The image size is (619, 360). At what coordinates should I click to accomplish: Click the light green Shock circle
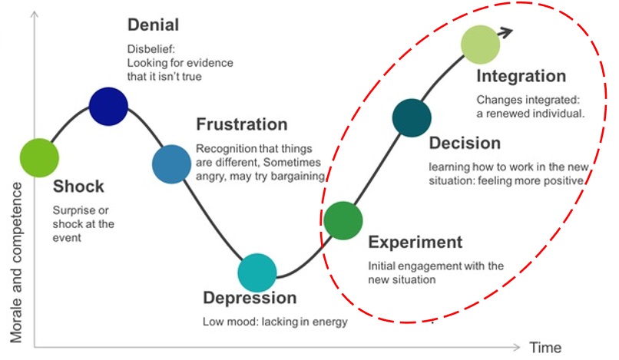pyautogui.click(x=39, y=157)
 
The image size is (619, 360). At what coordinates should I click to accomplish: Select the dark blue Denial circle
pyautogui.click(x=108, y=106)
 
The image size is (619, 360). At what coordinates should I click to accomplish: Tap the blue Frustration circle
pyautogui.click(x=171, y=163)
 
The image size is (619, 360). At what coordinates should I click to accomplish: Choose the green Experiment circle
pyautogui.click(x=343, y=221)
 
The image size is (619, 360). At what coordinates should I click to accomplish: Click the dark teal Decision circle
pyautogui.click(x=412, y=118)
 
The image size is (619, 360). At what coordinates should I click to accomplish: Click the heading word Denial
pyautogui.click(x=153, y=25)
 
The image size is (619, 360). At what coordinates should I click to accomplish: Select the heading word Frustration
pyautogui.click(x=242, y=124)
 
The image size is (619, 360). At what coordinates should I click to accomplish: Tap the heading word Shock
pyautogui.click(x=78, y=187)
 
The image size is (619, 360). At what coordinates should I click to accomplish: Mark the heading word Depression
pyautogui.click(x=249, y=298)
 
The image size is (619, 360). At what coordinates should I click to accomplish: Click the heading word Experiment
pyautogui.click(x=415, y=243)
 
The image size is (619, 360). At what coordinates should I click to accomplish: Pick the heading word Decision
pyautogui.click(x=465, y=143)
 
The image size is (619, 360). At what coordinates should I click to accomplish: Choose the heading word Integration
pyautogui.click(x=521, y=77)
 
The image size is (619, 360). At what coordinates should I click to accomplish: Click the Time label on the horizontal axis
pyautogui.click(x=545, y=347)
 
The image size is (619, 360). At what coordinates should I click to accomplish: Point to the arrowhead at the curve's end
pyautogui.click(x=505, y=31)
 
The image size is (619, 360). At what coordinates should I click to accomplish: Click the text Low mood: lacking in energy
pyautogui.click(x=274, y=322)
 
